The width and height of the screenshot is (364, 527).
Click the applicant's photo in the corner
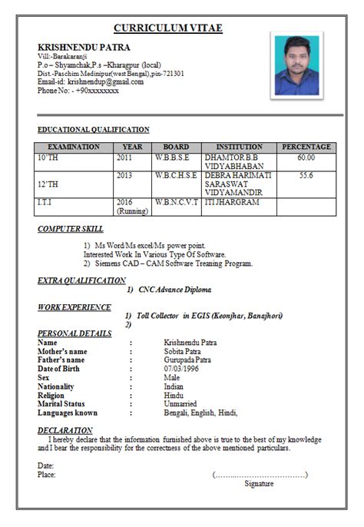click(x=296, y=65)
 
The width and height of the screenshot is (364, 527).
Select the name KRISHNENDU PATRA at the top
click(x=84, y=48)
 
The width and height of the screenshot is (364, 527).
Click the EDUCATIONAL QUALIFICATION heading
click(x=94, y=130)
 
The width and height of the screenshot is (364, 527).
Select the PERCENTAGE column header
click(x=306, y=147)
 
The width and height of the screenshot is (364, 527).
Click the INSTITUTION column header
click(x=239, y=147)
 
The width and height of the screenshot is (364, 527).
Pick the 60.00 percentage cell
click(x=306, y=157)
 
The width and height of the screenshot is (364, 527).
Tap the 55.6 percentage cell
click(x=306, y=175)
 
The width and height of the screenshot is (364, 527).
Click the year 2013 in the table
click(x=124, y=175)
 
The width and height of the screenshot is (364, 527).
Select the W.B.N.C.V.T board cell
click(x=176, y=202)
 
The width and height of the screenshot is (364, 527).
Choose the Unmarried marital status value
click(x=183, y=403)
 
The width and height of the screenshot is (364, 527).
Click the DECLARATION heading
click(x=66, y=430)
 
